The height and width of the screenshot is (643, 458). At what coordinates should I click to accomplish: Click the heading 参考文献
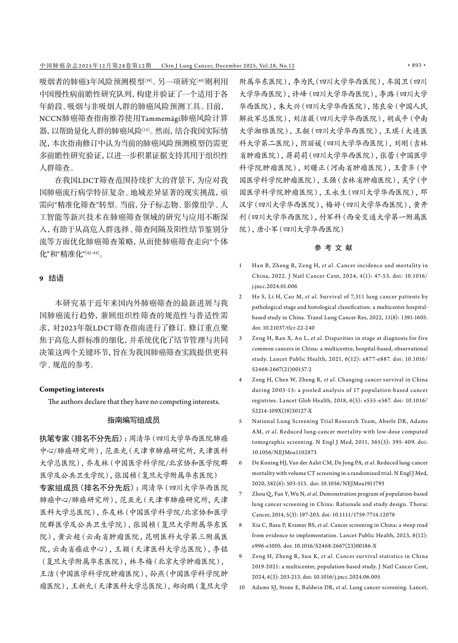333,248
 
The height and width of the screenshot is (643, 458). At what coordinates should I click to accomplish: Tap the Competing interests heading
72,389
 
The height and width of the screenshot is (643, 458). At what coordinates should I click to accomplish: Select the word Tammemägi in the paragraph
160,119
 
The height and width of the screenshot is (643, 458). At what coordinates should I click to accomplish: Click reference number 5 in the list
240,421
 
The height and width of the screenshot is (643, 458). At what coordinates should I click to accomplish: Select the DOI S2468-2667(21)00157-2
282,369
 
